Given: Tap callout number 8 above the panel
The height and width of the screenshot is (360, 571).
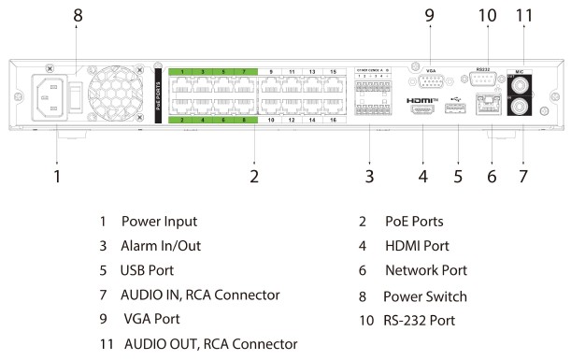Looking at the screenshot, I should (x=79, y=15).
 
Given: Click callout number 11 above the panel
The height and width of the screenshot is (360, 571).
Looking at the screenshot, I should (x=525, y=15).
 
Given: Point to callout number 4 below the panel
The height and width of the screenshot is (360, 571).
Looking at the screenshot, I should (x=423, y=174).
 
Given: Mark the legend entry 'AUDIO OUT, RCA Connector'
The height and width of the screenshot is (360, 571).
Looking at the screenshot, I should (x=211, y=343).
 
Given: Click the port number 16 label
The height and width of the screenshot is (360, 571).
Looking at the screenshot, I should (x=334, y=121).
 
